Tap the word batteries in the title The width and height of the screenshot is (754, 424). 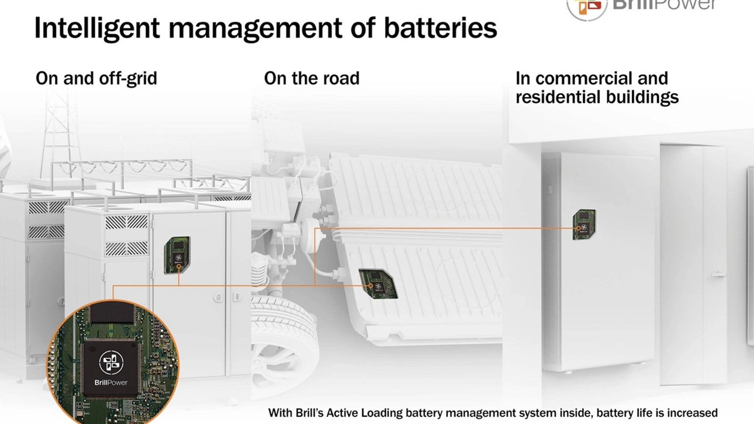(440, 28)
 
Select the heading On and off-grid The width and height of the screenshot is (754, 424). (96, 78)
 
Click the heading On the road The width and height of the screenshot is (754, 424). (311, 78)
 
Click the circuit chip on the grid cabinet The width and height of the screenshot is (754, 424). (177, 255)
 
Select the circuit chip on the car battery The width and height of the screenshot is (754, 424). (377, 283)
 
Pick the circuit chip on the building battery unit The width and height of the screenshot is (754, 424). (584, 224)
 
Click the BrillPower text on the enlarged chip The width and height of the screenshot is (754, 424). (111, 382)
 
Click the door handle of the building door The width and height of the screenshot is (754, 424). (718, 275)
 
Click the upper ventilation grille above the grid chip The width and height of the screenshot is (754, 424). (126, 222)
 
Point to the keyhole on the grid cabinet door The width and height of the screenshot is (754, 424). (218, 297)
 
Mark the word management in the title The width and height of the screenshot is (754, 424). (255, 28)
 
